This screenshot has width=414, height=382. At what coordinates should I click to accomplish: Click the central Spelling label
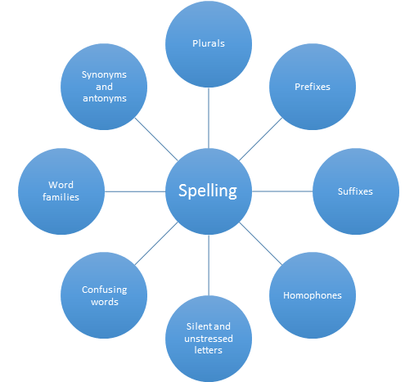click(x=208, y=191)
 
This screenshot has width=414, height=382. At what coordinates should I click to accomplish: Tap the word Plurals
click(x=209, y=43)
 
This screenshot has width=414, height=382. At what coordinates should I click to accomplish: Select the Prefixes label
click(x=313, y=87)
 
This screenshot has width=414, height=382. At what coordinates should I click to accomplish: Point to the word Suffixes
click(x=355, y=191)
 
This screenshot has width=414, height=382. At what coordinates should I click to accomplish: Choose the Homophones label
click(x=313, y=295)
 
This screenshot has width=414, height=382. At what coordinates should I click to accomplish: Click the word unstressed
click(x=209, y=339)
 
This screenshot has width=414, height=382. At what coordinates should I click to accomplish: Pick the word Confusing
click(x=105, y=290)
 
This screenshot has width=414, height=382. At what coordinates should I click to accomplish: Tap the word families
click(x=61, y=197)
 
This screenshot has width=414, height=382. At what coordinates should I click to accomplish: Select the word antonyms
click(x=105, y=98)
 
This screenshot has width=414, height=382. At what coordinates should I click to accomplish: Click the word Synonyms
click(x=104, y=74)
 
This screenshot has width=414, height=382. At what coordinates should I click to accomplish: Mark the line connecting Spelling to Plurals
click(x=209, y=118)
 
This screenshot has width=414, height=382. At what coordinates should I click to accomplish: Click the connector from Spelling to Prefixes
click(x=260, y=139)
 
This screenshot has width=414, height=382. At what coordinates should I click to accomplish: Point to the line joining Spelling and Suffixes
click(x=282, y=191)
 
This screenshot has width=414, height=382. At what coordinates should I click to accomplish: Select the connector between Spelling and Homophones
click(x=260, y=244)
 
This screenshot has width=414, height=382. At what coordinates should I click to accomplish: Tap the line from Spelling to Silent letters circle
click(x=209, y=265)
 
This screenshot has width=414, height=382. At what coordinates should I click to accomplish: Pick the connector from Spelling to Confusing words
click(x=156, y=244)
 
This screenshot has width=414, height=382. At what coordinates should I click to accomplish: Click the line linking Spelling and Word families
click(x=135, y=191)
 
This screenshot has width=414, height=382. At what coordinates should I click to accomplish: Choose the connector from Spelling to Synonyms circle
click(x=156, y=139)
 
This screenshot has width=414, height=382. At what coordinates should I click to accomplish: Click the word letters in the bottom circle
click(x=208, y=350)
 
